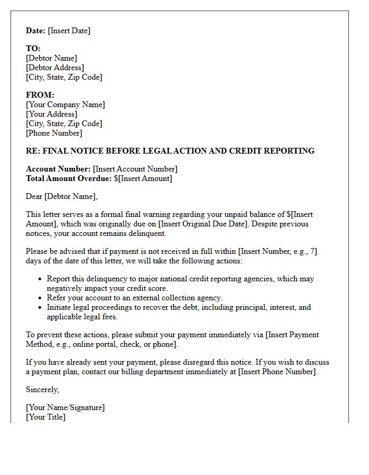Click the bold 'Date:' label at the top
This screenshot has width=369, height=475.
(36, 31)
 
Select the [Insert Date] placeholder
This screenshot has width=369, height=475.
(69, 31)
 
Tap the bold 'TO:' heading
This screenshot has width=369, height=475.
(33, 49)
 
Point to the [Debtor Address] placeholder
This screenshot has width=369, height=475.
(55, 68)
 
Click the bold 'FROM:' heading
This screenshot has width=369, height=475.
(40, 95)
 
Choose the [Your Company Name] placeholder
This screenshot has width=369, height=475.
(65, 104)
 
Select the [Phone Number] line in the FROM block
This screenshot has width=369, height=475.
(54, 133)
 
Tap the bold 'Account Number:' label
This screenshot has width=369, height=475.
(58, 169)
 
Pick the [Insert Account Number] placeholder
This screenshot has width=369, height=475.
(135, 169)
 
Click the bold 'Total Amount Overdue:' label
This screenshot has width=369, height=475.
(69, 178)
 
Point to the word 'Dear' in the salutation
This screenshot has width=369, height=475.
(34, 196)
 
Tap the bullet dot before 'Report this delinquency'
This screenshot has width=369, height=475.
(40, 279)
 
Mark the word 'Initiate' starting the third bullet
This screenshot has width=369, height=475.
(60, 307)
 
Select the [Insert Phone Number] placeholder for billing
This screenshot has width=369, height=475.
(277, 372)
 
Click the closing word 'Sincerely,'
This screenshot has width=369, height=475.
(43, 389)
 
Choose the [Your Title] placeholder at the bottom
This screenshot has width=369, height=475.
(46, 417)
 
